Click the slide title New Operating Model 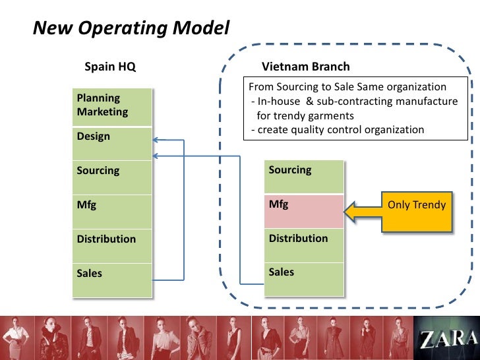pos(132,28)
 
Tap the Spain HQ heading pos(110,67)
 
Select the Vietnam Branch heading pos(306,67)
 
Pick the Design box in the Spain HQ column pos(113,142)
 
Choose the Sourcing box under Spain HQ pos(113,176)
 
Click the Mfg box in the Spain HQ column pos(113,210)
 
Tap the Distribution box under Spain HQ pos(113,245)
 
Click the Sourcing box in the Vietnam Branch pos(304,175)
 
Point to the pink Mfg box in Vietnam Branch pos(304,210)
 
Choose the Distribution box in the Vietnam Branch pos(304,244)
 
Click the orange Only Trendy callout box pos(417,210)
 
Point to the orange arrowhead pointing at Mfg pos(353,210)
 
